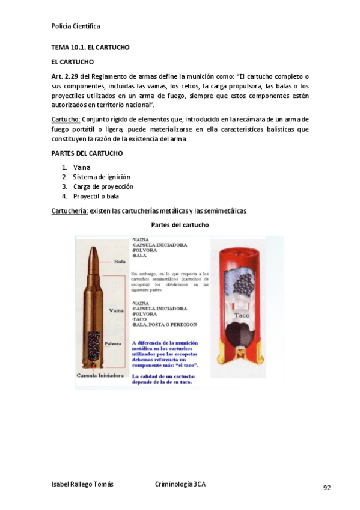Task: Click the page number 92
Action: [327, 488]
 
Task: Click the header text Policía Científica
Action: [76, 26]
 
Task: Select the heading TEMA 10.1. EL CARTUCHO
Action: [90, 47]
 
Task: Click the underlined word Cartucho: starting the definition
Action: [66, 120]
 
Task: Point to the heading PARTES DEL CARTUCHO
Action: [87, 153]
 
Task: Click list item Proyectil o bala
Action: [96, 196]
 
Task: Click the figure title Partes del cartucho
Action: [180, 225]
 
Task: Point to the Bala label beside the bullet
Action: [120, 262]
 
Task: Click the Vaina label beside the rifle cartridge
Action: [117, 310]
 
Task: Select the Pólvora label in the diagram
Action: [114, 344]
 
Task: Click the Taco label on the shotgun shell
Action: [242, 315]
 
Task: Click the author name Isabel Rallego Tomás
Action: [82, 484]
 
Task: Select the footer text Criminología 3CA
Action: [180, 484]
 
